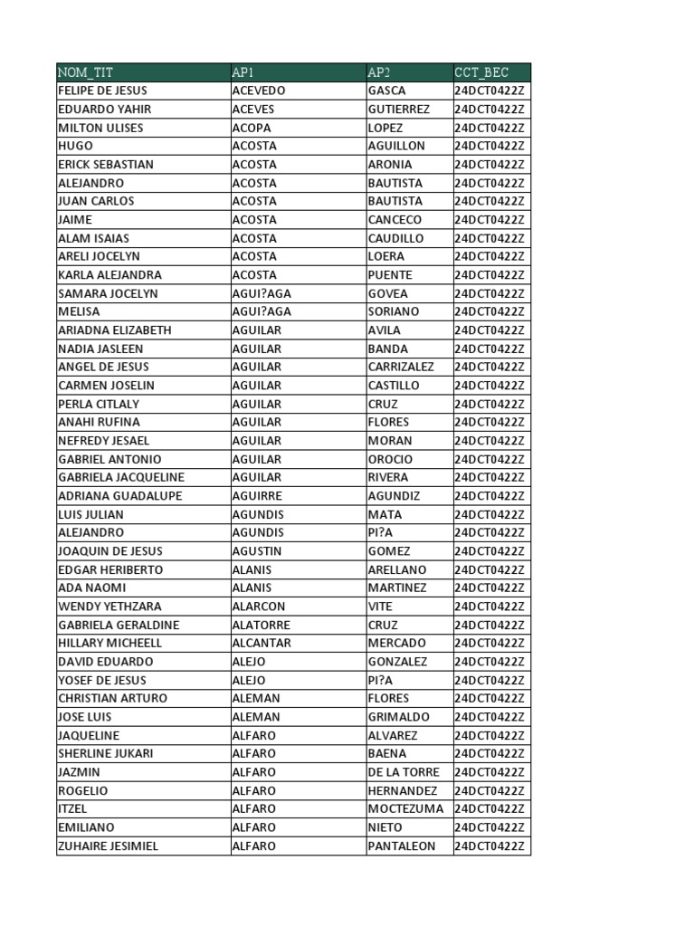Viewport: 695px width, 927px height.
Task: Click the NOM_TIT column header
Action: point(86,72)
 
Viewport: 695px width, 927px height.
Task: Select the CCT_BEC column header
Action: point(481,72)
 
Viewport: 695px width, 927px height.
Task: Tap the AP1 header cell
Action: point(243,72)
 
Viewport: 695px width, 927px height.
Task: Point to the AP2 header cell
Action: point(379,72)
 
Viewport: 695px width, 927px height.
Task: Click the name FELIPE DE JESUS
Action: point(102,91)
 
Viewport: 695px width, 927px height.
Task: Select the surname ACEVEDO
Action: point(259,91)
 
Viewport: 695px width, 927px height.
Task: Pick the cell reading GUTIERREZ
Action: point(399,110)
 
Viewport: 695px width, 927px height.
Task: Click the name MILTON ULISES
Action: point(100,128)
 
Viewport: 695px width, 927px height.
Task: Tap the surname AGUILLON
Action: point(396,146)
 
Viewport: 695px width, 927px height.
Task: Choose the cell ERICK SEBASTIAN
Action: point(106,165)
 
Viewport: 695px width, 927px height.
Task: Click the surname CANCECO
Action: point(395,220)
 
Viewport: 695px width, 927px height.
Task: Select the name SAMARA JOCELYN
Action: point(108,293)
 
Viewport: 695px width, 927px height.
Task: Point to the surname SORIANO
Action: point(395,311)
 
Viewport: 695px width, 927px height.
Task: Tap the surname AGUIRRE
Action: point(257,496)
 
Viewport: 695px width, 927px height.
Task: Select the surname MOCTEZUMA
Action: point(406,808)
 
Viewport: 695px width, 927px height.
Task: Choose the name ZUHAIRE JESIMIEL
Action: point(108,846)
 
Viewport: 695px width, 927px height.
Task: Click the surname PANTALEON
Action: point(402,846)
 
